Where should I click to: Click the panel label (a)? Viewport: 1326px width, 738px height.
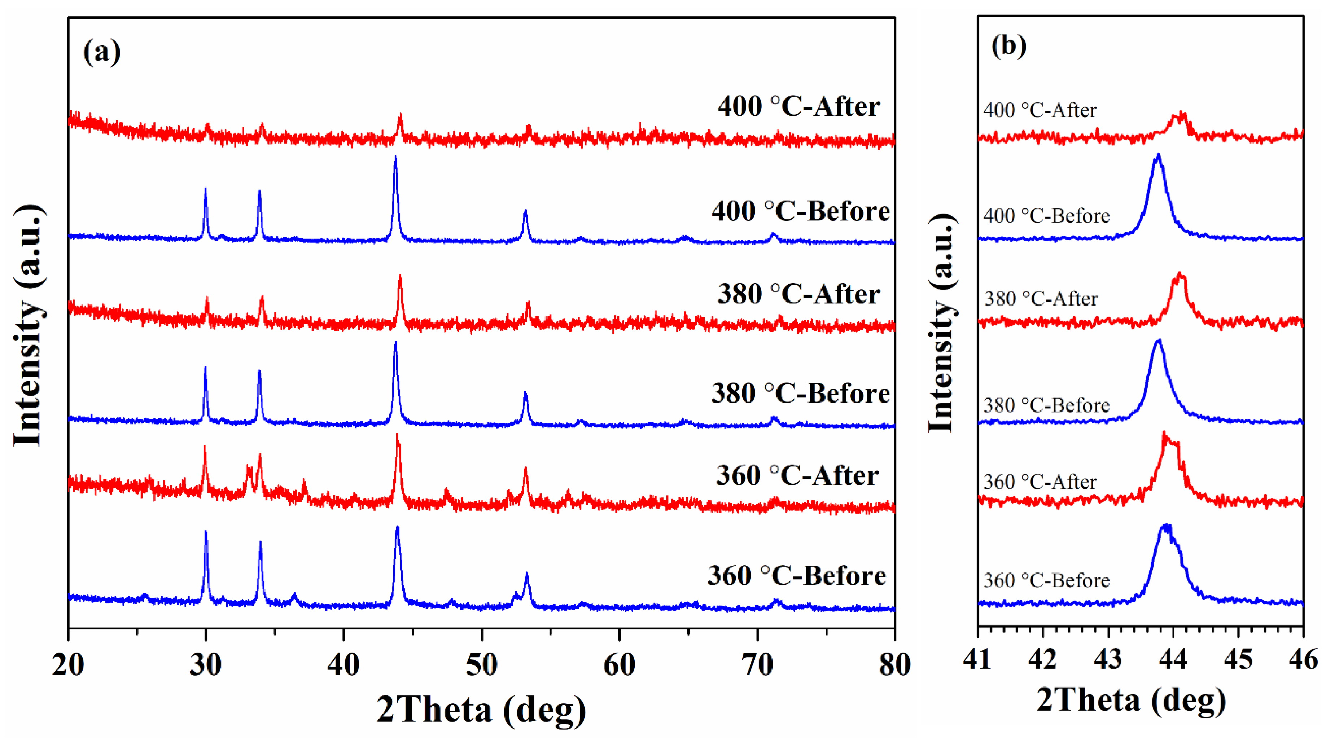click(x=102, y=52)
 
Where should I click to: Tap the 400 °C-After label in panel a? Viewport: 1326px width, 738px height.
click(x=798, y=107)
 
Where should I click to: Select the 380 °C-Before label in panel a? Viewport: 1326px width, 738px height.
click(x=800, y=393)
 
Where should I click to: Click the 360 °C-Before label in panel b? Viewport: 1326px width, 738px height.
click(x=1046, y=580)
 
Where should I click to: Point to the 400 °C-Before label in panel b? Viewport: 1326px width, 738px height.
click(x=1046, y=216)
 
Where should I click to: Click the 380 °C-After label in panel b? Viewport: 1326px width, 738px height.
click(x=1040, y=299)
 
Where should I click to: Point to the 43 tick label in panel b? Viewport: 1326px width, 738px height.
click(x=1108, y=659)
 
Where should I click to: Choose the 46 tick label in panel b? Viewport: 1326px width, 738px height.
click(x=1303, y=659)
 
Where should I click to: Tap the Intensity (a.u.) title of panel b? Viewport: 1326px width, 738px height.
click(x=942, y=324)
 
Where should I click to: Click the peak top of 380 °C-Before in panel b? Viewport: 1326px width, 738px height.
click(x=1158, y=341)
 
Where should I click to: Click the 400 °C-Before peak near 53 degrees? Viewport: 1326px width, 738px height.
click(x=525, y=211)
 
